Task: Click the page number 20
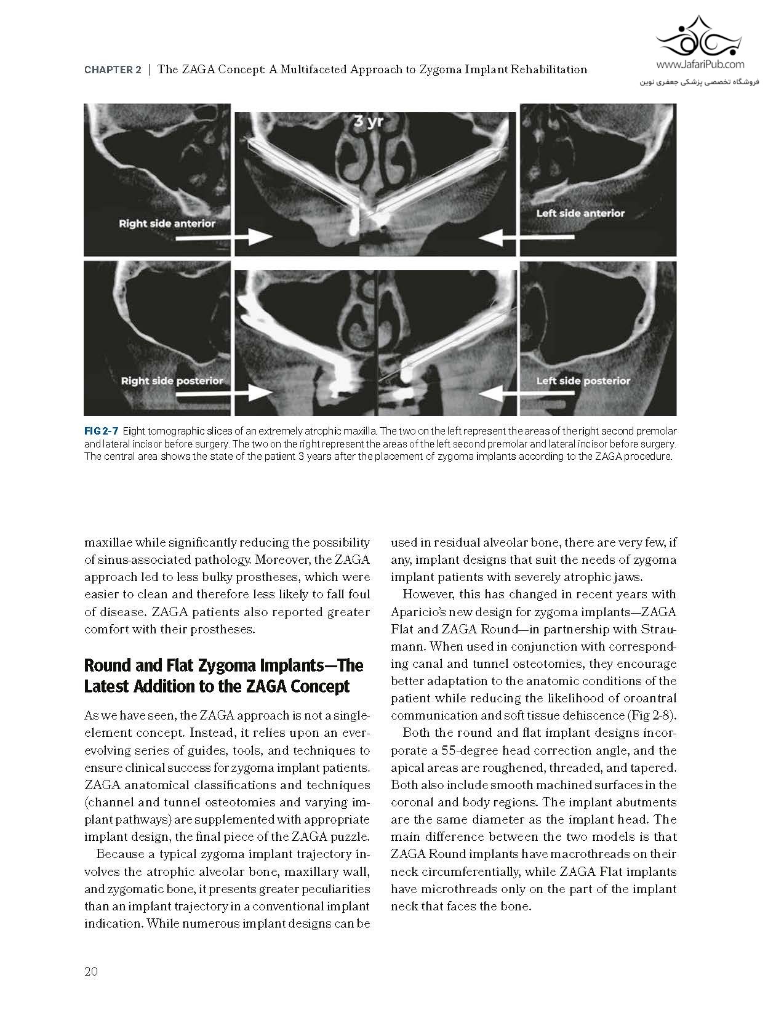tap(91, 971)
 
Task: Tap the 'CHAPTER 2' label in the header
tap(113, 70)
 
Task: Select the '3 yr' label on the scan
tap(369, 121)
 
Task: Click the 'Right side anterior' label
tap(167, 223)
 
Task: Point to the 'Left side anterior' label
tap(580, 213)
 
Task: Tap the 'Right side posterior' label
tap(172, 380)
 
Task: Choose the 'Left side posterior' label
tap(583, 380)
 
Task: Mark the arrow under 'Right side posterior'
tap(224, 393)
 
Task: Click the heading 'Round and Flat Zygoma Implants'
tap(223, 665)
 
